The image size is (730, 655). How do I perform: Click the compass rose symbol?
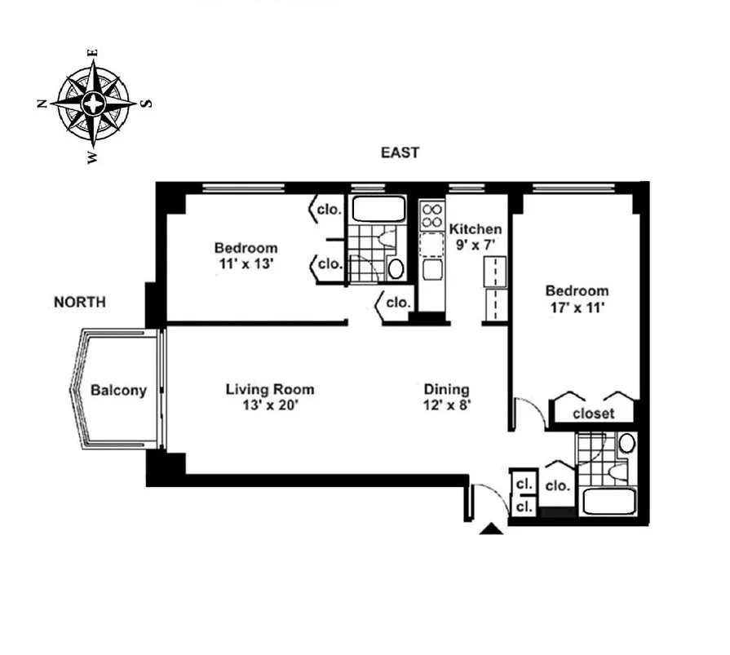(x=94, y=104)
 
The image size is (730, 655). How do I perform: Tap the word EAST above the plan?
(x=400, y=153)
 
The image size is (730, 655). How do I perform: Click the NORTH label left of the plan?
(x=79, y=302)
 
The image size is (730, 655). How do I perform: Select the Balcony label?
(x=118, y=390)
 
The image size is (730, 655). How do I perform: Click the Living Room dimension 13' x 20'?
(x=269, y=405)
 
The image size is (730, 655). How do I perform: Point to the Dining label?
(x=445, y=390)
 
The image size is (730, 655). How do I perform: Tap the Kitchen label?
(x=476, y=229)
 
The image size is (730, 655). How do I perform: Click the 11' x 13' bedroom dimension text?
(x=246, y=264)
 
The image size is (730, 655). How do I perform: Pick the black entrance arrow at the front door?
(x=491, y=529)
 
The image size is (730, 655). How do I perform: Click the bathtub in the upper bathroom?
(x=378, y=209)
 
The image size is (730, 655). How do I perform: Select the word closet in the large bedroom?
(x=593, y=414)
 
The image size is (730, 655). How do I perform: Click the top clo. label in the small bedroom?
(x=329, y=209)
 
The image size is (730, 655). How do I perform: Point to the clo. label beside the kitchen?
(x=398, y=302)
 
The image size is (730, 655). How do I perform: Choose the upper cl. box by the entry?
(x=523, y=484)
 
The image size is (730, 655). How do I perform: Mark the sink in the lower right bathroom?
(x=626, y=444)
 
